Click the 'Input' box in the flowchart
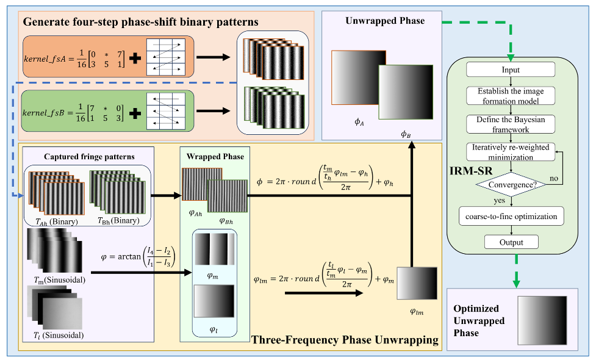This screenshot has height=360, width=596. (x=511, y=70)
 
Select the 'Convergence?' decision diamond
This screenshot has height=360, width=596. (x=511, y=182)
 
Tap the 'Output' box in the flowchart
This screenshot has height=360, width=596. (x=511, y=242)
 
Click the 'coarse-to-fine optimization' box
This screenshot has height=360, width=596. (x=511, y=216)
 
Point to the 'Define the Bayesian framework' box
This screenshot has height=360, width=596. (x=511, y=124)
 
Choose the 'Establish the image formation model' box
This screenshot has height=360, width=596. (x=511, y=96)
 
